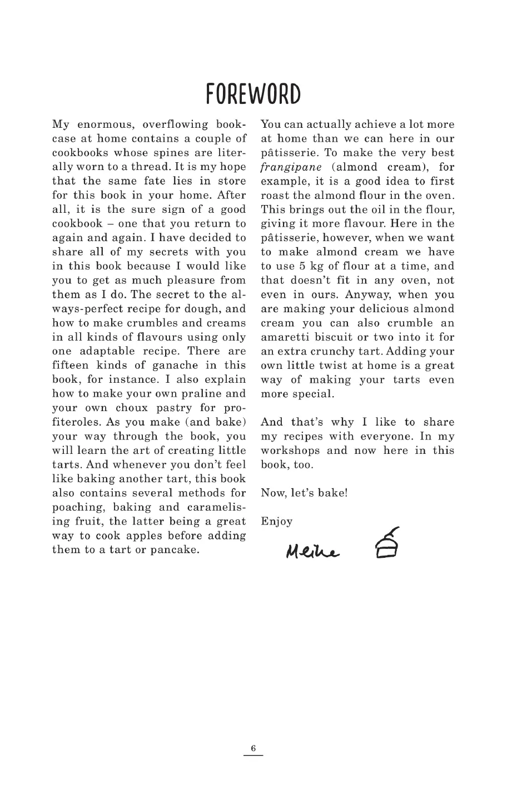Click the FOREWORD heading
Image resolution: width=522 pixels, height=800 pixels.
(x=253, y=94)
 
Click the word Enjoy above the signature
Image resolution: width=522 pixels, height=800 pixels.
(x=276, y=521)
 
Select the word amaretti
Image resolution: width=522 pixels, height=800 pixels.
(x=280, y=337)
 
